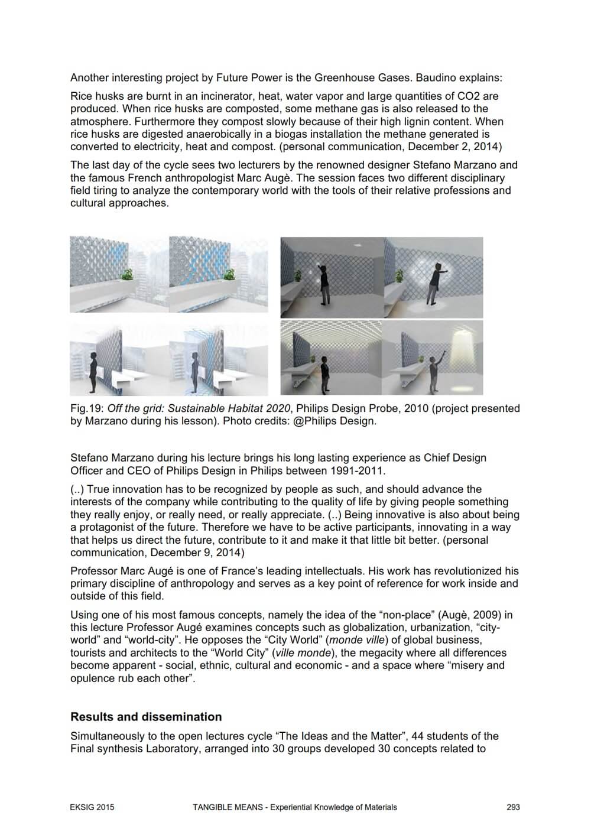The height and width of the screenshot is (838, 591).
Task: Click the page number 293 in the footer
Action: [x=513, y=807]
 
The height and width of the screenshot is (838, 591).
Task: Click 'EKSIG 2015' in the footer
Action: [x=88, y=807]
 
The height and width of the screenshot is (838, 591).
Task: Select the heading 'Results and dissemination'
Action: [x=146, y=717]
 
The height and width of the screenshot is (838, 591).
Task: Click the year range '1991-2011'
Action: [x=360, y=471]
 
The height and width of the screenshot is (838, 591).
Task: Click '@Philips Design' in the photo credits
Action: [x=339, y=421]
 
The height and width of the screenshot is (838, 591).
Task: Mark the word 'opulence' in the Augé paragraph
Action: [x=90, y=678]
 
